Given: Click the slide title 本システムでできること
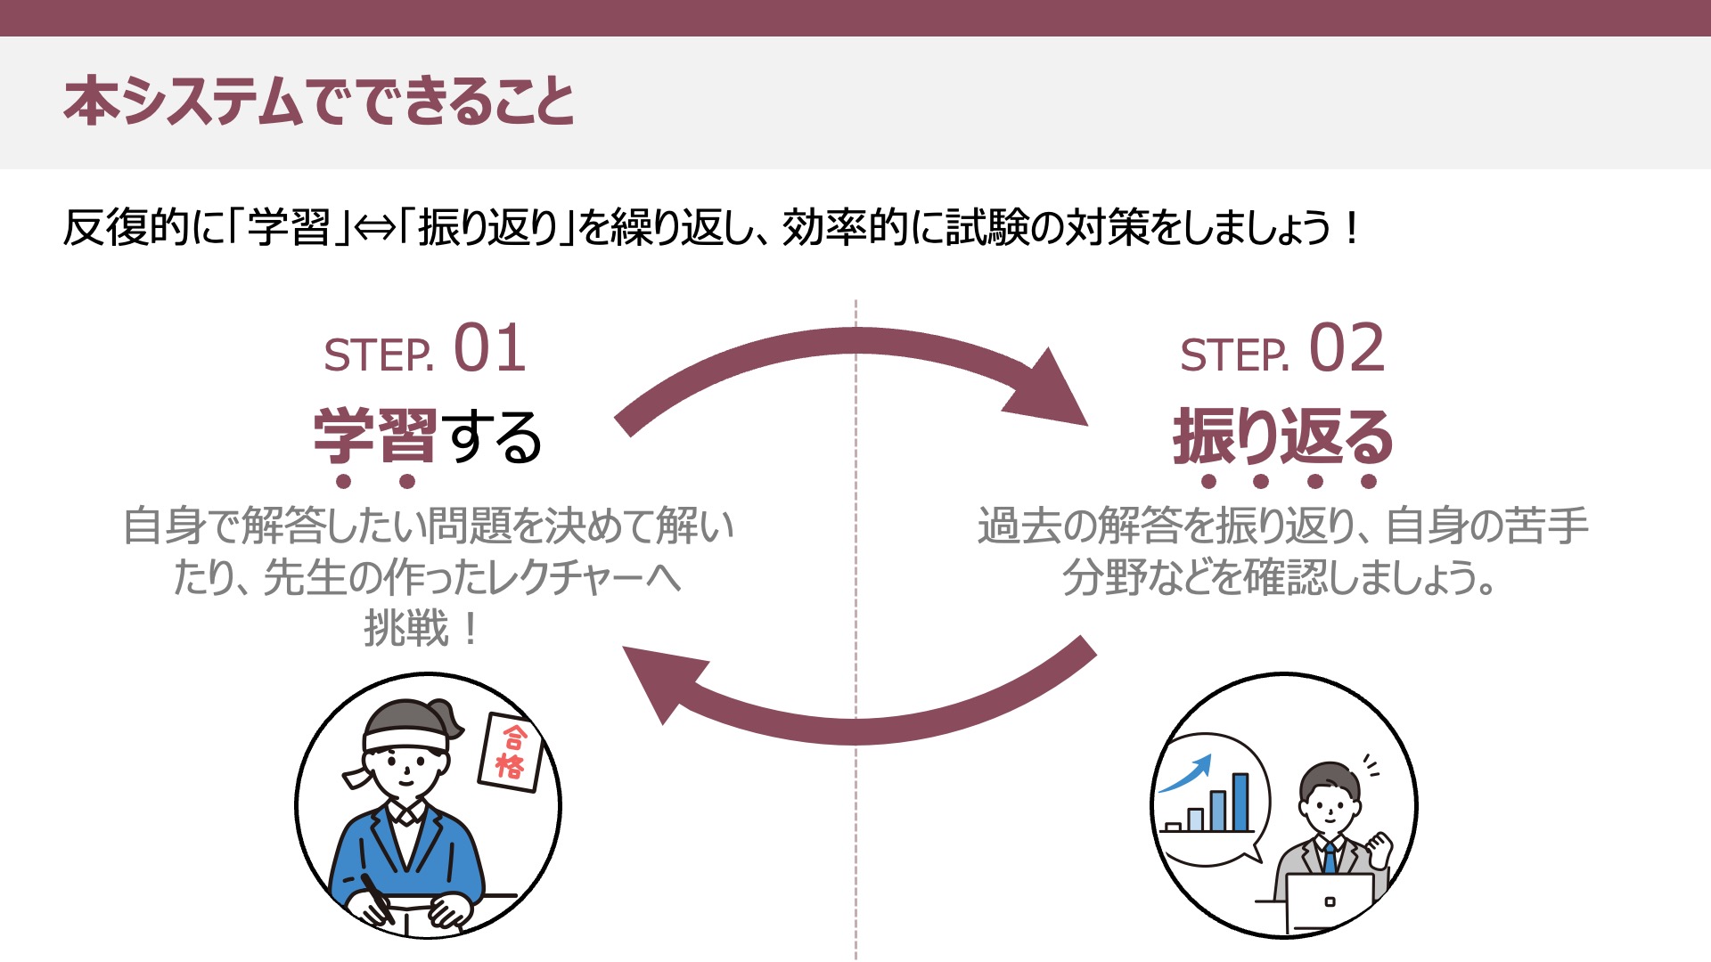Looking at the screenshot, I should pos(319,101).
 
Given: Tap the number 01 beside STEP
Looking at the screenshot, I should pos(489,349).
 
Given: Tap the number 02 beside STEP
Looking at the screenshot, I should pos(1347,349).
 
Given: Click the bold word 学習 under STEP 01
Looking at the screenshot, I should pos(375,436).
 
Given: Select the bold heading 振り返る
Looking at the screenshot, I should pos(1282,436).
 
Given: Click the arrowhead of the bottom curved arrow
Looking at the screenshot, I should pos(664,681).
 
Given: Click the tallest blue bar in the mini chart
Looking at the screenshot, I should pos(1240,802).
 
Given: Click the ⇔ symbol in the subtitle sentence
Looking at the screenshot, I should pos(375,228).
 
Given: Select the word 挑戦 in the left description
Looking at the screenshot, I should pos(405,629).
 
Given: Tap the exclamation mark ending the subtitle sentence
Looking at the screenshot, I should pos(1352,228).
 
